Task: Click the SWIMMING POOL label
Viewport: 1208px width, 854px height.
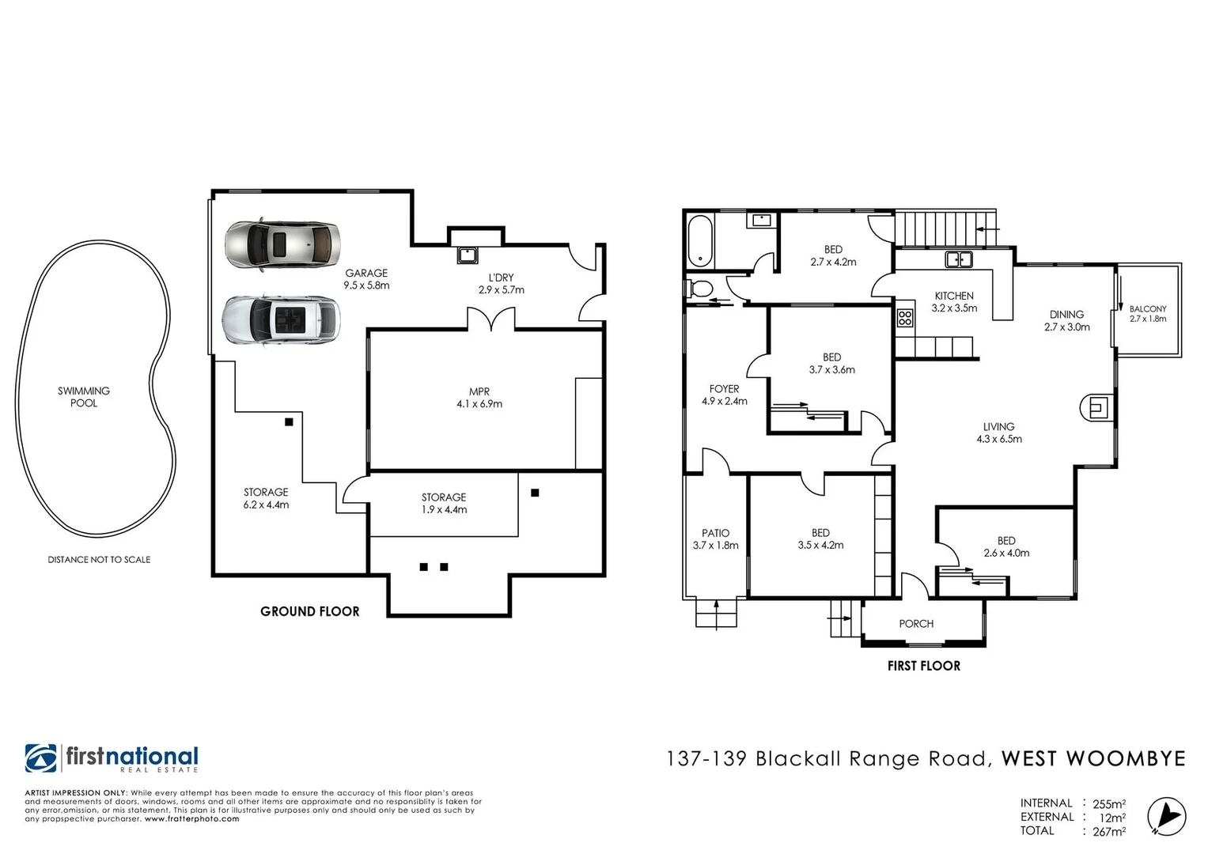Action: (x=84, y=397)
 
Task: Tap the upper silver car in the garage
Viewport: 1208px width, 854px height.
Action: (x=282, y=244)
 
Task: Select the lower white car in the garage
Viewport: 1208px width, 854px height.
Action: (x=282, y=320)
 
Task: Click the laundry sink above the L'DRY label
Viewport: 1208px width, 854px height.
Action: (x=468, y=255)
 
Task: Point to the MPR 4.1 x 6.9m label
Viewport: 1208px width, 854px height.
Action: (x=479, y=398)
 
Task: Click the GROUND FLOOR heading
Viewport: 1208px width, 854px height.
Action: (x=309, y=611)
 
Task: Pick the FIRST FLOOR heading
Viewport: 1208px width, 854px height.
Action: (x=923, y=666)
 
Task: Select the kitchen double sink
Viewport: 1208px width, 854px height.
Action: (x=959, y=259)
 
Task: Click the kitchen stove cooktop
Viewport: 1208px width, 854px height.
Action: (x=905, y=319)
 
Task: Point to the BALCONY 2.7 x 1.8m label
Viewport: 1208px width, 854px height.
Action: (x=1147, y=314)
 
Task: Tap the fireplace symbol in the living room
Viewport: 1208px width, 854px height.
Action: (x=1096, y=408)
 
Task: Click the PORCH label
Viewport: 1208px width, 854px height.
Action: (x=916, y=624)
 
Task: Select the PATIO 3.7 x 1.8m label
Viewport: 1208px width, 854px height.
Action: (x=715, y=539)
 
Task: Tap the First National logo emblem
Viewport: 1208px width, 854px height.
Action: (x=41, y=758)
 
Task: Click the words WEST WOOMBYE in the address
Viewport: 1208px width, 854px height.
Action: (x=1093, y=759)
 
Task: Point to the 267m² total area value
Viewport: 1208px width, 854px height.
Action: (x=1108, y=831)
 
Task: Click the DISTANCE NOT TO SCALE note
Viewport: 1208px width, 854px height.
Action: (x=99, y=560)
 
